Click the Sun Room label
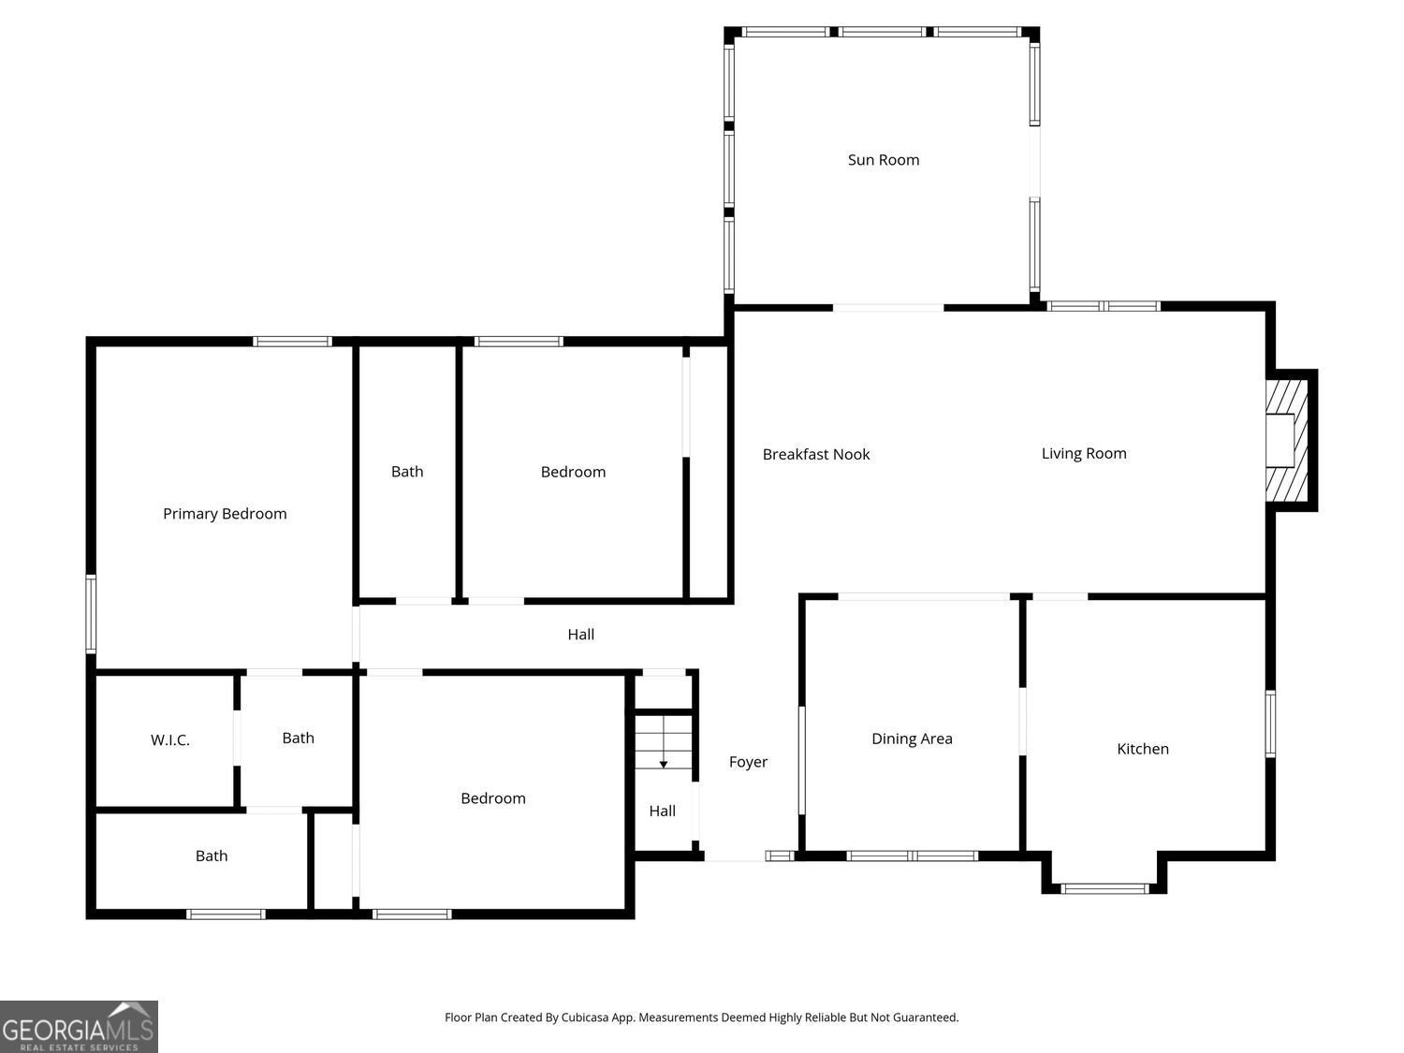point(883,160)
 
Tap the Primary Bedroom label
point(225,514)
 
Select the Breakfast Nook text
point(815,455)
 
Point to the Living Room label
point(1084,454)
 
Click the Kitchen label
point(1142,749)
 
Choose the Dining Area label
point(912,739)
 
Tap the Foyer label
point(748,763)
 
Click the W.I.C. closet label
point(170,740)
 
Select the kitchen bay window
point(1104,887)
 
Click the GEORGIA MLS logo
point(79,1027)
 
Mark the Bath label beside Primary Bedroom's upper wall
point(407,472)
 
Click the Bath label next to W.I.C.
point(298,739)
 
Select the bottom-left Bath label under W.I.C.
point(212,856)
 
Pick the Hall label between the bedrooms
point(580,635)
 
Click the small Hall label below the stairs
point(662,812)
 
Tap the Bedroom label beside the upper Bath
point(573,473)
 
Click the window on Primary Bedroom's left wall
point(91,613)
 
